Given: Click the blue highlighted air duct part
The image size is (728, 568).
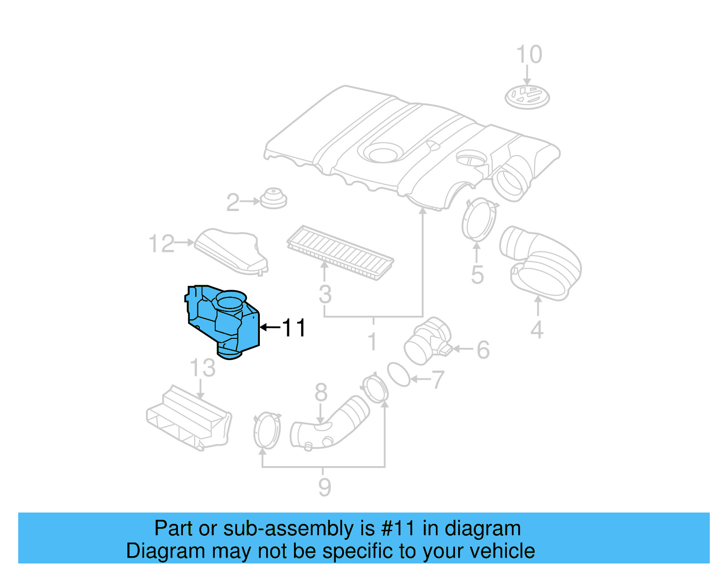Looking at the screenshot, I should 223,321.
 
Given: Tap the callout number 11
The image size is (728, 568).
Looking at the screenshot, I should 294,327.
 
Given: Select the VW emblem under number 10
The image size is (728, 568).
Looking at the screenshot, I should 527,97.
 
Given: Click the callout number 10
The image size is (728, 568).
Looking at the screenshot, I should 529,55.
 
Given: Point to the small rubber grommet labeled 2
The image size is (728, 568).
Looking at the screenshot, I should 273,199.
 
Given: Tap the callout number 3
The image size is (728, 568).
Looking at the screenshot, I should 325,294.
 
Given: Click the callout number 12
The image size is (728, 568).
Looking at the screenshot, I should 162,244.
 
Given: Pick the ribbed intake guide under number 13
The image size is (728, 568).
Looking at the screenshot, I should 189,418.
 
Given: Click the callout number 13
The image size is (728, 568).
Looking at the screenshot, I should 202,367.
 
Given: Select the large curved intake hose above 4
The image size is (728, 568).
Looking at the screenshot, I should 541,264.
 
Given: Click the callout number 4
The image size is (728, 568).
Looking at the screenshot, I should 537,330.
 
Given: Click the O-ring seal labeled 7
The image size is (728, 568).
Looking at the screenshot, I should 399,374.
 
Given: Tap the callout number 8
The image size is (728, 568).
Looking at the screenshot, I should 321,392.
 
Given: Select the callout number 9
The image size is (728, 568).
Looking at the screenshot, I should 324,487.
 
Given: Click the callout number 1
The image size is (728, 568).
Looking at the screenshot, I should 373,342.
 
